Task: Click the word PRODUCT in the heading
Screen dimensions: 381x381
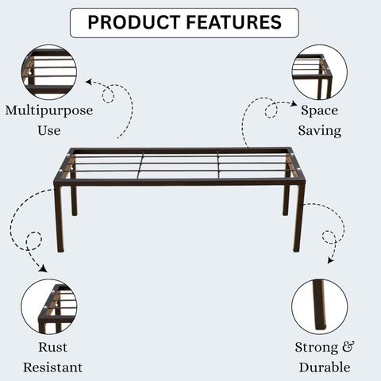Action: point(134,22)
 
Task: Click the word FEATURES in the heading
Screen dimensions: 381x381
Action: point(234,22)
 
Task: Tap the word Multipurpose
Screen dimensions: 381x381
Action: point(49,111)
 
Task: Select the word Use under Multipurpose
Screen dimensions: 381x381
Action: point(49,130)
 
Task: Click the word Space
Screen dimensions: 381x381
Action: point(319,111)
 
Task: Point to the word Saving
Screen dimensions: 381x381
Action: point(320,131)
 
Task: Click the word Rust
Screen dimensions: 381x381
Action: point(52,348)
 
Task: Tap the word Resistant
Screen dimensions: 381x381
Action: point(52,368)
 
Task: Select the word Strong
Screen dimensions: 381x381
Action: point(317,348)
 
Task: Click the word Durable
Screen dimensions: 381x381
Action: point(325,368)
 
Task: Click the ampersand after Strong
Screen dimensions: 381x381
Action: point(348,347)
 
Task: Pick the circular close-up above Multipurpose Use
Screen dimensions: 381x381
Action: point(49,72)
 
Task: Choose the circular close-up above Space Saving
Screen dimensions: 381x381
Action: point(320,72)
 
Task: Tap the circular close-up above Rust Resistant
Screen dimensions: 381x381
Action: point(49,306)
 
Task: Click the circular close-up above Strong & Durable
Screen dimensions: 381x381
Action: point(320,306)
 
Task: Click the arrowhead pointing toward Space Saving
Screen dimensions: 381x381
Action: point(294,103)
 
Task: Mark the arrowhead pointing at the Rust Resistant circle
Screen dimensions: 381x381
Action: point(43,268)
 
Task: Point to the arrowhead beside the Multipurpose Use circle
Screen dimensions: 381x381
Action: point(89,82)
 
